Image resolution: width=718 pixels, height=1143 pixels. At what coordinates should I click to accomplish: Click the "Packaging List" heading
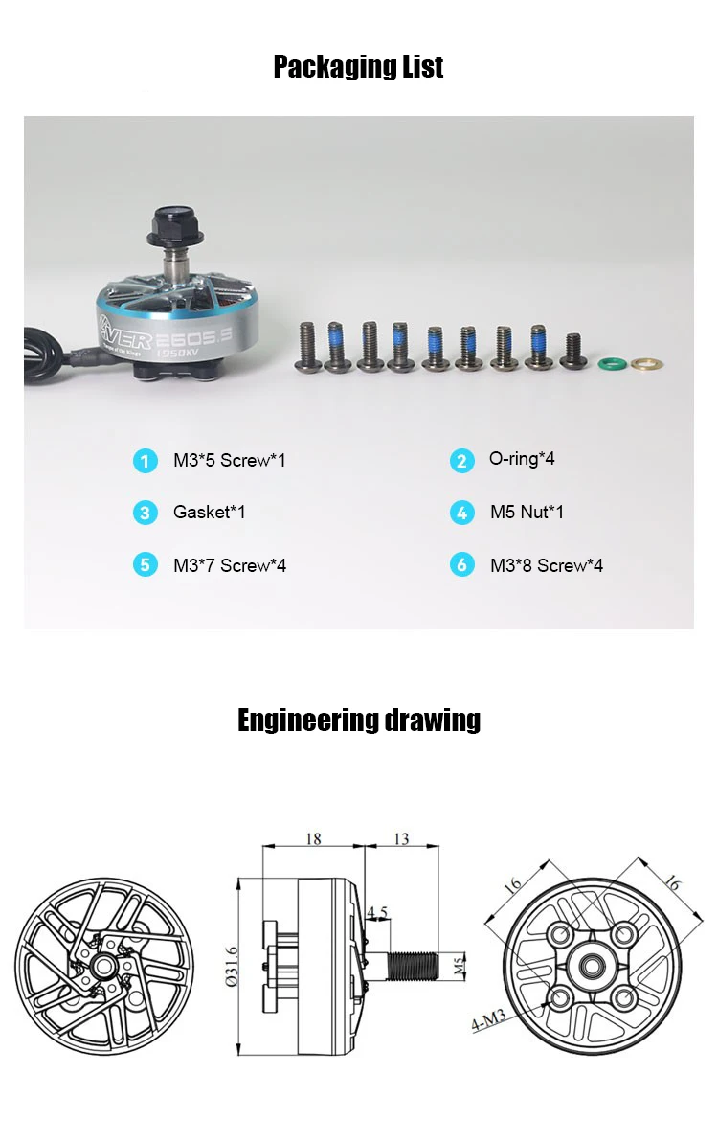click(x=358, y=67)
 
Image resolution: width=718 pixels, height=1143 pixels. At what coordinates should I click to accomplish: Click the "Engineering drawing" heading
click(x=359, y=720)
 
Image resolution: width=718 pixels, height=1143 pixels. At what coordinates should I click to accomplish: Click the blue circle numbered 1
click(x=145, y=461)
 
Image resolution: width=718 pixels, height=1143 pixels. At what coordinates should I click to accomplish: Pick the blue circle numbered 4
click(x=461, y=513)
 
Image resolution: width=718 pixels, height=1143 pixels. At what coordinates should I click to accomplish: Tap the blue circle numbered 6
click(x=461, y=565)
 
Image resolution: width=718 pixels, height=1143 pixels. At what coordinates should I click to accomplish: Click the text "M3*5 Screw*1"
click(x=229, y=461)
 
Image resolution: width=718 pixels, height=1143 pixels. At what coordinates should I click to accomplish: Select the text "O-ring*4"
click(x=522, y=459)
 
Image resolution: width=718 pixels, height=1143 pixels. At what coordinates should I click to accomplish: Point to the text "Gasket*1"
click(x=209, y=513)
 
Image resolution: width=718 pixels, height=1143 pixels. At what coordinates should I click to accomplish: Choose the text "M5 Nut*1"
click(x=527, y=513)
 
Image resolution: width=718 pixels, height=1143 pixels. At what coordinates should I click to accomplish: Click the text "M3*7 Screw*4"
click(x=229, y=565)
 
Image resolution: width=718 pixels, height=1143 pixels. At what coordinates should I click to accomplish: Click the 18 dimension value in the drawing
click(x=313, y=839)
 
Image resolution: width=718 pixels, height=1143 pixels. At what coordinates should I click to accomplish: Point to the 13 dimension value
click(x=401, y=839)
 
